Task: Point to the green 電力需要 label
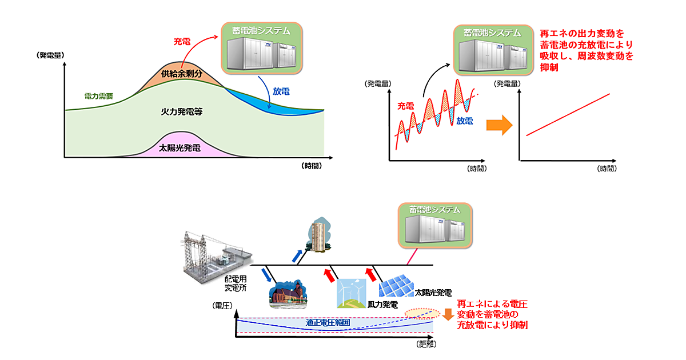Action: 98,95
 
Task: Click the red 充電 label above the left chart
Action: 182,42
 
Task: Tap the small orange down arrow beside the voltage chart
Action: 448,314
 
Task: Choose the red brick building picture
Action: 288,294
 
